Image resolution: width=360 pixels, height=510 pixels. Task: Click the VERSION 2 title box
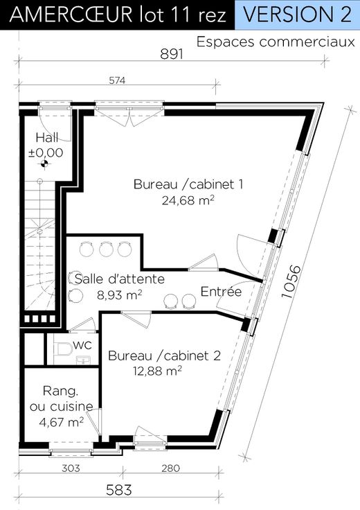point(297,15)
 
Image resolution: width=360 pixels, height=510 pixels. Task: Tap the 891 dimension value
point(172,54)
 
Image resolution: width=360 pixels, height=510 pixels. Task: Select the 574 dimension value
point(117,80)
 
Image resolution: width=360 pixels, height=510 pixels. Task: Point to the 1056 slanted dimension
point(291,281)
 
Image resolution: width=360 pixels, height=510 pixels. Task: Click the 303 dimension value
point(71,468)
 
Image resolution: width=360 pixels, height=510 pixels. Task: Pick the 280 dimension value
point(170,468)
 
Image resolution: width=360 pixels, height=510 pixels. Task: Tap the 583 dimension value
point(119,490)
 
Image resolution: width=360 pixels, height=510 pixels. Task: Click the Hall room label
point(47,138)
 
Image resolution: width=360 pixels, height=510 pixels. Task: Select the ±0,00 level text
point(46,152)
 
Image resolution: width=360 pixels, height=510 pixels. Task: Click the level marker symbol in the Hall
point(44,164)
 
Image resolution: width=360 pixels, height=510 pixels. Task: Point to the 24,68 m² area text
point(188,200)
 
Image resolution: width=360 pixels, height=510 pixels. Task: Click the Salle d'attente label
point(120,279)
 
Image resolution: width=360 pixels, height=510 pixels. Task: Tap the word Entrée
point(221,291)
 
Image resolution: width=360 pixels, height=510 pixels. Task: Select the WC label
point(82,345)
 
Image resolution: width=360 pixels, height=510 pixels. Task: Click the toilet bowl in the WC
point(64,349)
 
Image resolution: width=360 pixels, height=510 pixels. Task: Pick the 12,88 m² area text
point(157,371)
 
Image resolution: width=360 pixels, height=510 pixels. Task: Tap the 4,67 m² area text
point(61,422)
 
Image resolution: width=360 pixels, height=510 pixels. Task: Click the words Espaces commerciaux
point(276,42)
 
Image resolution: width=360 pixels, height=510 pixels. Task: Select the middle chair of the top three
point(106,249)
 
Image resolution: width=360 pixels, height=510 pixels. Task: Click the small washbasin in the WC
point(83,360)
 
